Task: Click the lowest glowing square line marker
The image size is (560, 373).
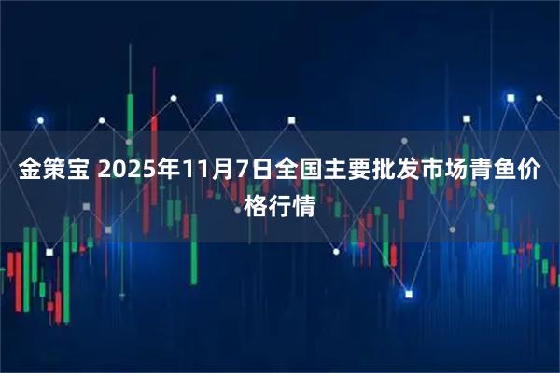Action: pos(408,293)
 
